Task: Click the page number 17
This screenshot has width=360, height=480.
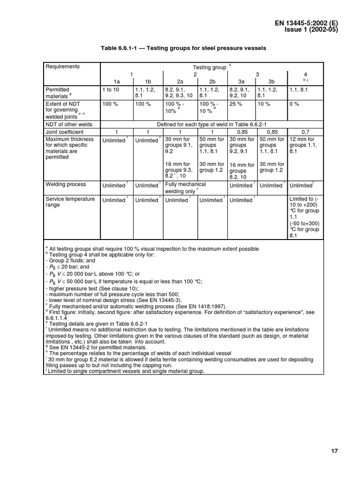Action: pyautogui.click(x=334, y=451)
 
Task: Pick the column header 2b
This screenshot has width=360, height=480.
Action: pyautogui.click(x=211, y=81)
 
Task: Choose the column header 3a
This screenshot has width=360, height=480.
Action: pyautogui.click(x=241, y=81)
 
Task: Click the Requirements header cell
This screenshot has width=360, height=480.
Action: pyautogui.click(x=62, y=67)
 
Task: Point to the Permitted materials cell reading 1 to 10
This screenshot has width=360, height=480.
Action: pyautogui.click(x=111, y=89)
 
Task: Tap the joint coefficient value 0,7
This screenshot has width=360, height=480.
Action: pyautogui.click(x=305, y=132)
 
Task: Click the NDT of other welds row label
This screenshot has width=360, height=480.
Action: pyautogui.click(x=69, y=125)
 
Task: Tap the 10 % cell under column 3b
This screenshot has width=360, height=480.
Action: pyautogui.click(x=263, y=104)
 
